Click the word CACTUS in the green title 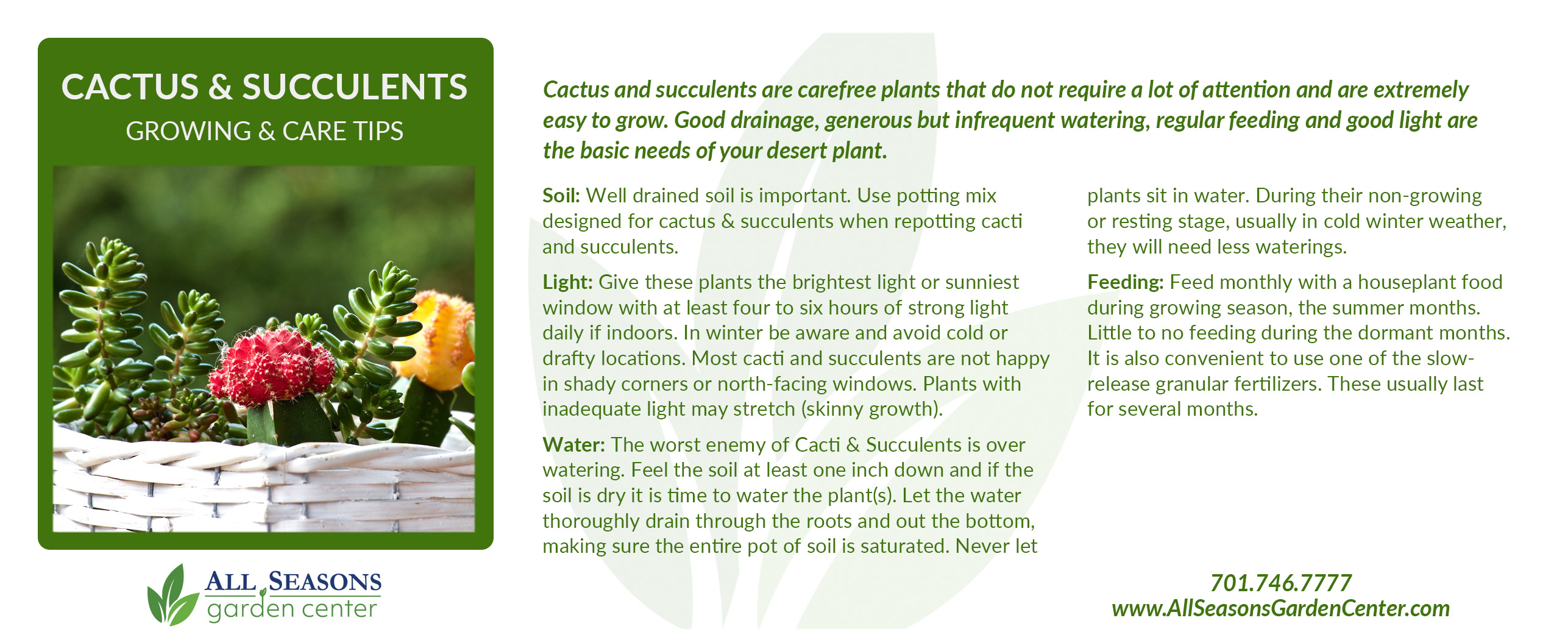(130, 87)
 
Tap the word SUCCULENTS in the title (355, 87)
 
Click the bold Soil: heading (561, 196)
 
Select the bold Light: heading (567, 283)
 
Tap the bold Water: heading (573, 445)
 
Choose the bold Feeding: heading (1126, 283)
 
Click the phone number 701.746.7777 (1280, 583)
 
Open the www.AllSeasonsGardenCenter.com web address (1280, 608)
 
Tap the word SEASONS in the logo (325, 582)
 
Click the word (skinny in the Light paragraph (832, 410)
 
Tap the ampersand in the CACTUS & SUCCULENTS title (220, 87)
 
